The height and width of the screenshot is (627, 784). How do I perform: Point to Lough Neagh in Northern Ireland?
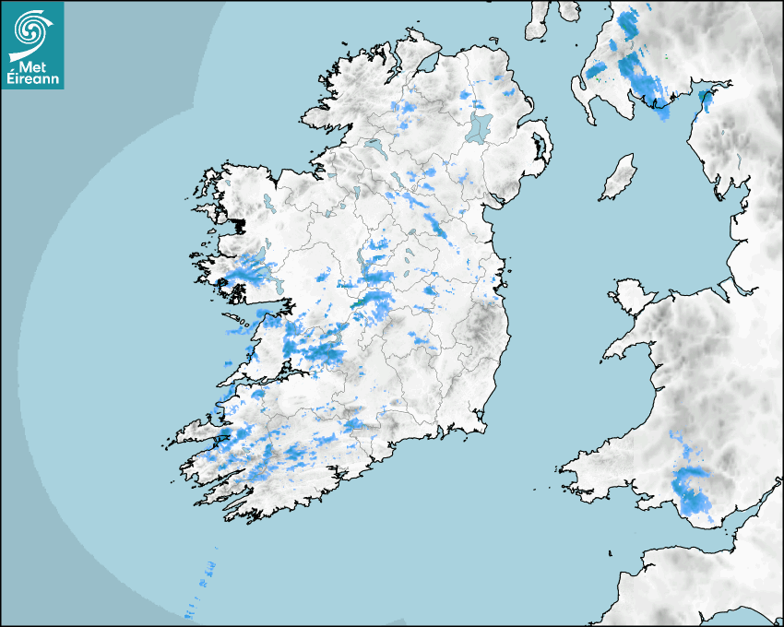[480, 126]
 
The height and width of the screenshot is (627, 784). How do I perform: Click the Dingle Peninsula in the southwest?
[198, 432]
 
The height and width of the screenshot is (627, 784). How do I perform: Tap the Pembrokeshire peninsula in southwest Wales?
[590, 461]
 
